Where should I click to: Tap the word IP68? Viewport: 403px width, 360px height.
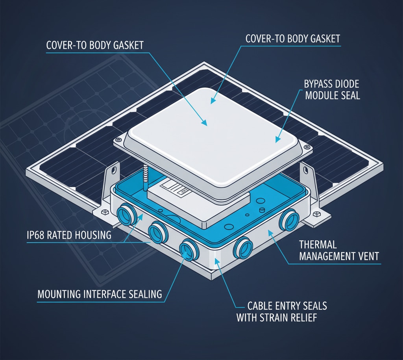36,236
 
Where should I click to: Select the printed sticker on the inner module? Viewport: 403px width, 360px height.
179,189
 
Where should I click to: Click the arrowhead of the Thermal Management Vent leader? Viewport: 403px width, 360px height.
270,232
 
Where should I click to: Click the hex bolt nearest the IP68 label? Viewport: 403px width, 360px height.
105,212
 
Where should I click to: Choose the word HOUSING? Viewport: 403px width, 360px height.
92,236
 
